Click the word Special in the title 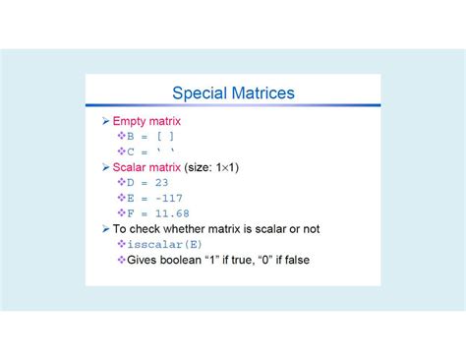pos(200,93)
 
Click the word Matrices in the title pos(262,93)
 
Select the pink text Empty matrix pos(146,121)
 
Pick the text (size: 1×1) pos(213,167)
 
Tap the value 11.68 pos(173,212)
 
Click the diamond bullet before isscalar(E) pos(121,244)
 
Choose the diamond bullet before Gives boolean pos(121,260)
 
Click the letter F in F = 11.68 pos(131,212)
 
